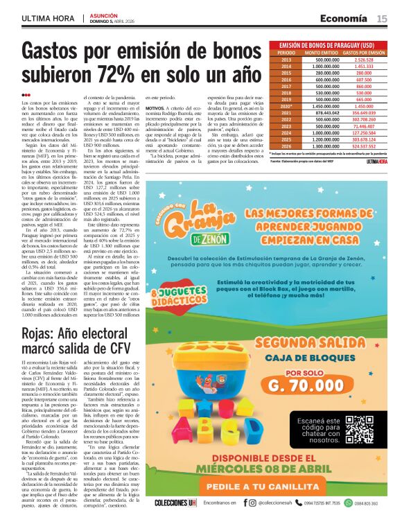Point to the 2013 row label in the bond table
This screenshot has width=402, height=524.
pos(286,60)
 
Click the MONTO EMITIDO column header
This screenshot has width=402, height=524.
pos(322,53)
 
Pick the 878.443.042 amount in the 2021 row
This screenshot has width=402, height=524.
pos(322,112)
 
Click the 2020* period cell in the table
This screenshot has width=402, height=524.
pos(286,105)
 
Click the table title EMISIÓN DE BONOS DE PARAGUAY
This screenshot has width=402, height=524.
pos(326,45)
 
